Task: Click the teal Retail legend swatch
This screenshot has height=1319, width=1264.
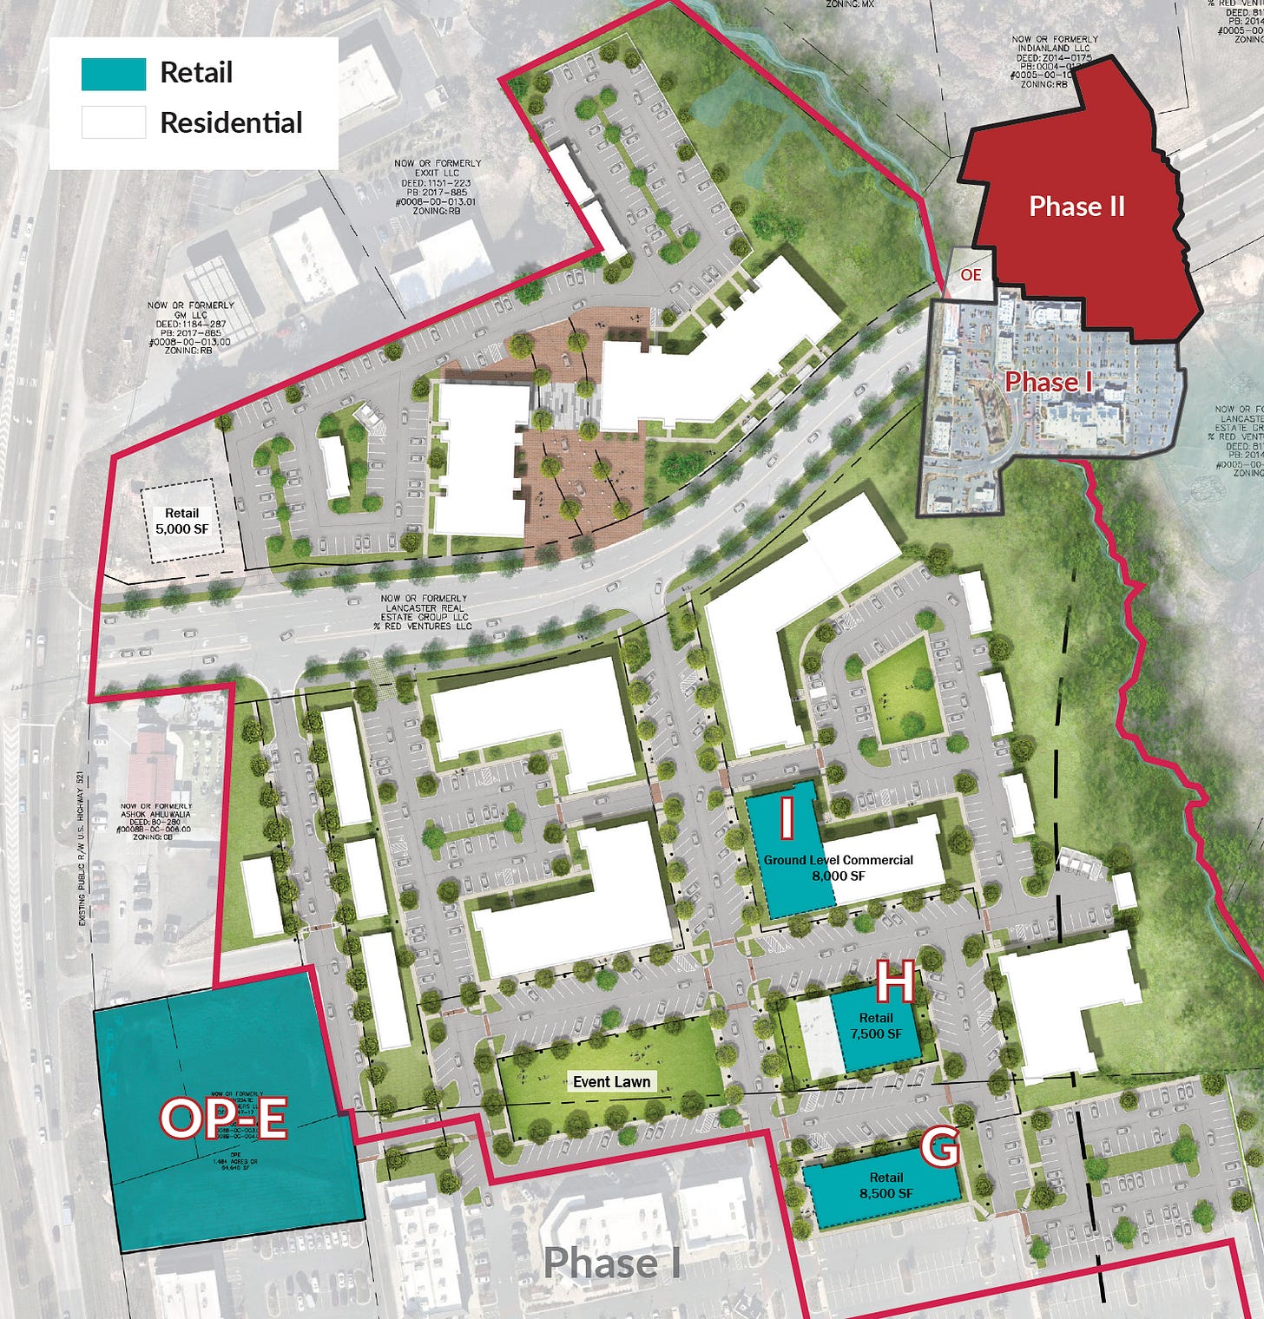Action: pyautogui.click(x=113, y=74)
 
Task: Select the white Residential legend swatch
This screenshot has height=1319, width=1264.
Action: pyautogui.click(x=113, y=122)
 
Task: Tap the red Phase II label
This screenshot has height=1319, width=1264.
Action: pyautogui.click(x=1076, y=207)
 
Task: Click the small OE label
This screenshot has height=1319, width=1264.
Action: pyautogui.click(x=971, y=274)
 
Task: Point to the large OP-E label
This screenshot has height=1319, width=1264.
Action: pyautogui.click(x=223, y=1118)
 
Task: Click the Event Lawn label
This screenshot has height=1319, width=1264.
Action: pyautogui.click(x=611, y=1081)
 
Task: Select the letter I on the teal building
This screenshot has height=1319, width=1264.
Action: pyautogui.click(x=787, y=818)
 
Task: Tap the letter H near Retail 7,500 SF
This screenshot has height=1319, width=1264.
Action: pyautogui.click(x=895, y=983)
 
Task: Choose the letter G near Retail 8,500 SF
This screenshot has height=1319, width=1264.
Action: pyautogui.click(x=939, y=1147)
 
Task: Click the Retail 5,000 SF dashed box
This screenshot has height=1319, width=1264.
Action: pyautogui.click(x=182, y=521)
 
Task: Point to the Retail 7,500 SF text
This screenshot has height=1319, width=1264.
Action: pyautogui.click(x=876, y=1026)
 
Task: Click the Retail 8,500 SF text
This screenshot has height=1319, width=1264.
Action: pyautogui.click(x=885, y=1185)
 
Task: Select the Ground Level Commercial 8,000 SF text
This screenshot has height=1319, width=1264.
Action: pyautogui.click(x=838, y=868)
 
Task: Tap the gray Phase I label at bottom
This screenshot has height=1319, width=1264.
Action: pyautogui.click(x=611, y=1263)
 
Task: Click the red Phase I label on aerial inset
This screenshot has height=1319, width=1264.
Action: pyautogui.click(x=1047, y=382)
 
